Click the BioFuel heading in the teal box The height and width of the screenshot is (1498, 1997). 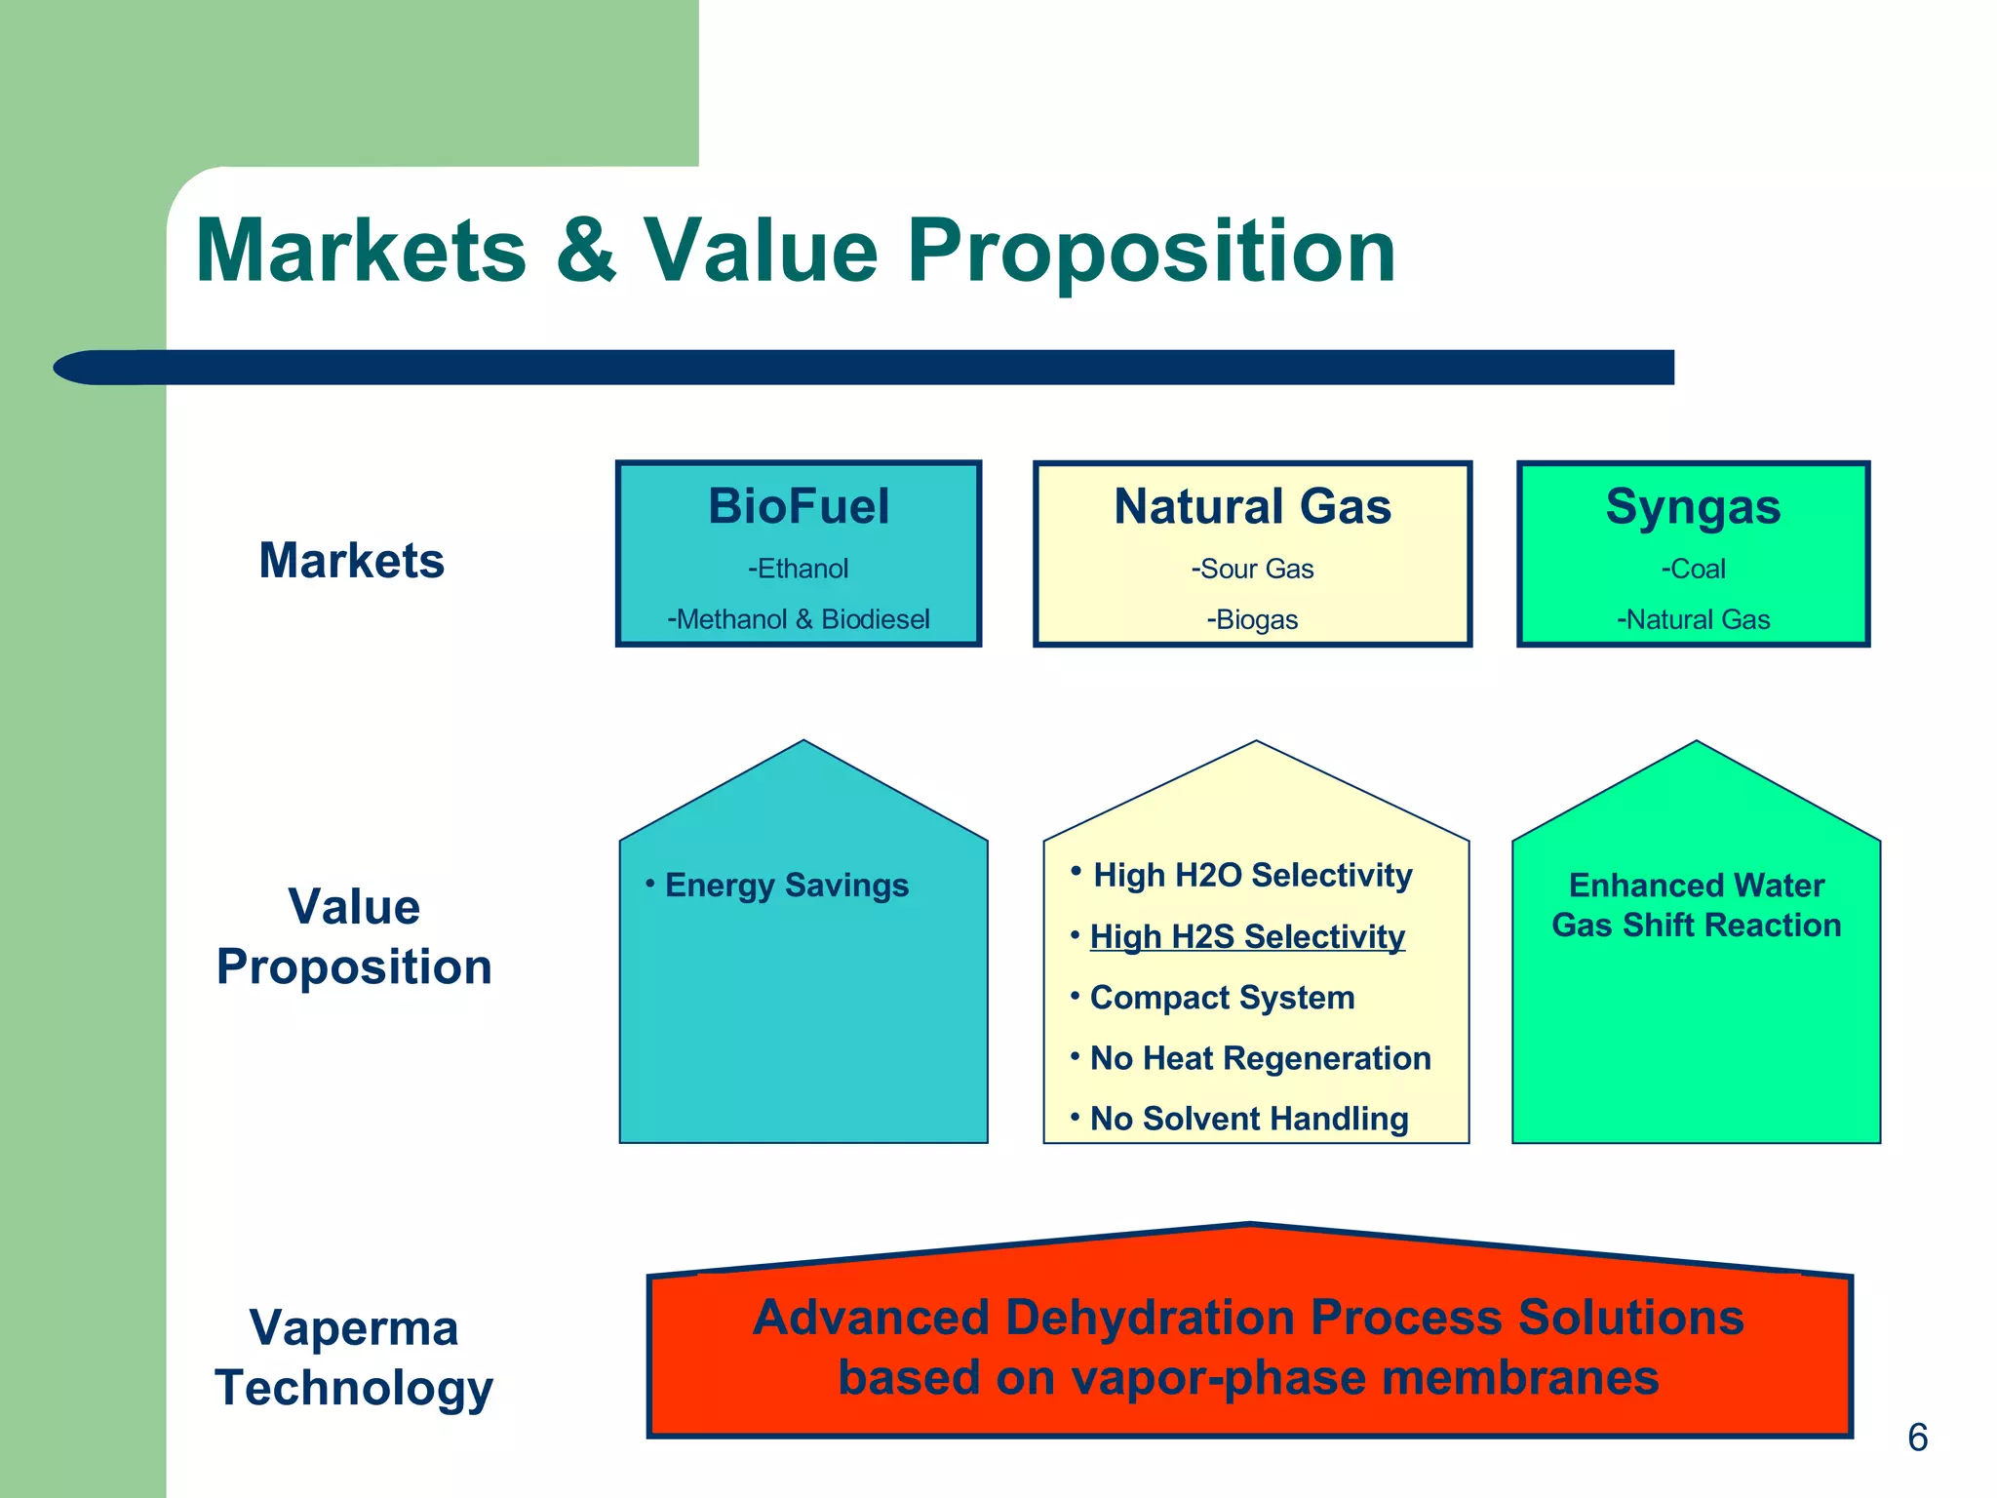pos(799,506)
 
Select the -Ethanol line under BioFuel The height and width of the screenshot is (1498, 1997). pos(798,569)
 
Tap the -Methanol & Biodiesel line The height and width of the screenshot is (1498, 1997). pos(798,619)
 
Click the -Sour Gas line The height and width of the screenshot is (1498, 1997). pos(1252,569)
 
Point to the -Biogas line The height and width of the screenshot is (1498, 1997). pos(1252,619)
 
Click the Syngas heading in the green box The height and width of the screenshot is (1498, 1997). pos(1693,507)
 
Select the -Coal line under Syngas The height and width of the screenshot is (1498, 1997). pos(1693,569)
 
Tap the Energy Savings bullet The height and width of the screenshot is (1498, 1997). pos(786,886)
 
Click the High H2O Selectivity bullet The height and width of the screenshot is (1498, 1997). pos(1252,875)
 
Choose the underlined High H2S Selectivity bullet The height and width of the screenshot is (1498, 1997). pos(1247,936)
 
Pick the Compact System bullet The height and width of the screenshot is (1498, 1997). pos(1222,998)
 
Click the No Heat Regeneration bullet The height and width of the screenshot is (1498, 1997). pos(1260,1058)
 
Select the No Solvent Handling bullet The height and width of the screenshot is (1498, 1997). pos(1248,1119)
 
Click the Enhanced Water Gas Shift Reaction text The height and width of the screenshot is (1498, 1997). pos(1696,905)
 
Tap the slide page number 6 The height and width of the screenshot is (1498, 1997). pos(1917,1438)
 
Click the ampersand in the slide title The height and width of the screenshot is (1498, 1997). pos(586,252)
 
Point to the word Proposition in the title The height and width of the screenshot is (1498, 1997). pos(1152,252)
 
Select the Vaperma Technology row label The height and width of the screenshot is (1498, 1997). pos(354,1358)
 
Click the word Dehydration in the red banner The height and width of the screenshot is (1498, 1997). pos(1155,1317)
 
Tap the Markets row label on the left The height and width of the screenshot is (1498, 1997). pos(351,561)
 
